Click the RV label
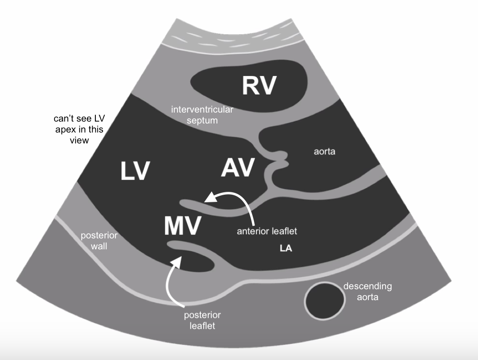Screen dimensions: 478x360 [259, 85]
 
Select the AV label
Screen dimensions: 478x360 [238, 168]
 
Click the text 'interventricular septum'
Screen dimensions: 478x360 [202, 115]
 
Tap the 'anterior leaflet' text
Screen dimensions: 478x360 [267, 231]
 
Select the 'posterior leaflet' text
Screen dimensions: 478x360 [203, 320]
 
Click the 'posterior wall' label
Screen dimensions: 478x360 [99, 240]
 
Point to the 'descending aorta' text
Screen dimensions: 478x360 [368, 291]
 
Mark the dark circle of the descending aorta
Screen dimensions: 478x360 [325, 301]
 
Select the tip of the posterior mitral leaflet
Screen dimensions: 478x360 [171, 245]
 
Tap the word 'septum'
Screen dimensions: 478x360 [202, 120]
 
